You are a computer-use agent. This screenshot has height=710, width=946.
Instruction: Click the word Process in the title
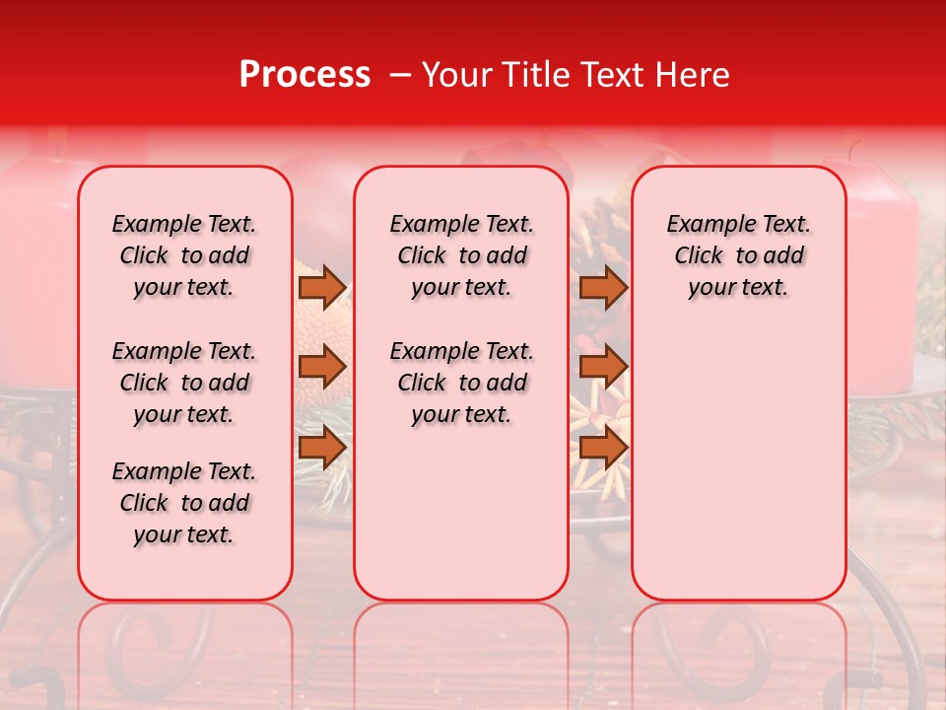point(304,75)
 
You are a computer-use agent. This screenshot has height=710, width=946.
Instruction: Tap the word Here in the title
point(693,75)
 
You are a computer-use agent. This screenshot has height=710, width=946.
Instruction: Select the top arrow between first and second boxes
point(321,287)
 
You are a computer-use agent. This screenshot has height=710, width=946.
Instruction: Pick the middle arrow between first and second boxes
point(321,367)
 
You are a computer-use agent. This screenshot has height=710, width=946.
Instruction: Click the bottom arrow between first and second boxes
point(321,447)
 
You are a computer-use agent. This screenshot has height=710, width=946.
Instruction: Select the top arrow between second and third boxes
point(603,287)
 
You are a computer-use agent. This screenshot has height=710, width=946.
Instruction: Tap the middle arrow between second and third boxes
point(603,367)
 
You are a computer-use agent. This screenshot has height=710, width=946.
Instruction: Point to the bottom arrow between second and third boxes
point(603,447)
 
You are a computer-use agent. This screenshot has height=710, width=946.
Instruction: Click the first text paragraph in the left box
point(184,255)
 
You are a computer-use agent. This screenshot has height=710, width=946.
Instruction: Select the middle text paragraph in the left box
point(184,383)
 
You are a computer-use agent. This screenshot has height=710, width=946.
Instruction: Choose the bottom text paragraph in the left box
point(184,503)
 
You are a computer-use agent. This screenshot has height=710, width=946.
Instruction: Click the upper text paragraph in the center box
point(461,255)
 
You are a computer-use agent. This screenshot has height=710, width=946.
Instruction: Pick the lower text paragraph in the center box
point(461,383)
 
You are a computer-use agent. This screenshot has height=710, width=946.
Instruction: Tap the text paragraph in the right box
point(738,255)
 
